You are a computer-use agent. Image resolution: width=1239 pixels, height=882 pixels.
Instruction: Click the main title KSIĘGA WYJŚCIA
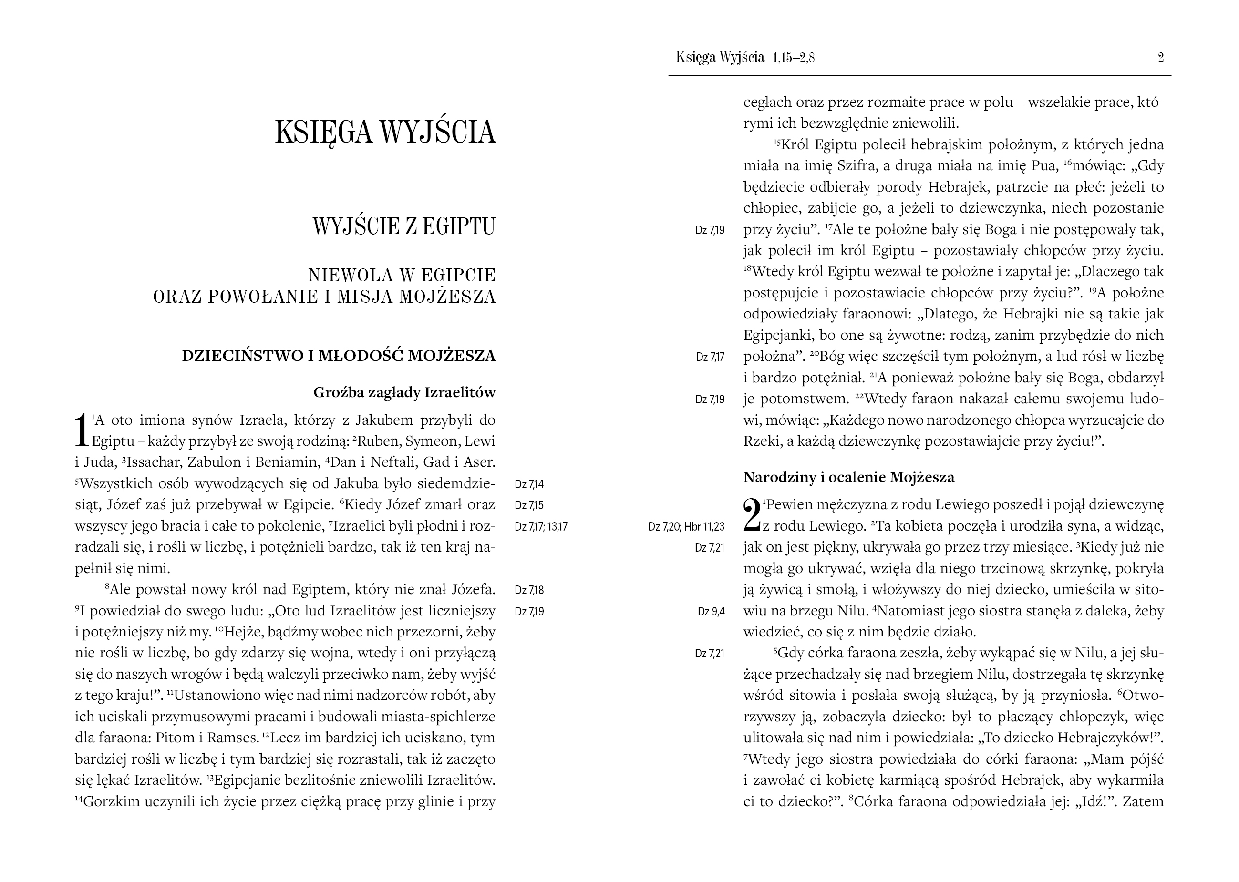click(x=385, y=132)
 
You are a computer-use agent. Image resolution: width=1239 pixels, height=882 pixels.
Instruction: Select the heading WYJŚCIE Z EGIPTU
click(x=403, y=226)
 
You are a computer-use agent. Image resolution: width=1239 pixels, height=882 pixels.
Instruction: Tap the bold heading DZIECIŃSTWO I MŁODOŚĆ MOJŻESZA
click(x=339, y=356)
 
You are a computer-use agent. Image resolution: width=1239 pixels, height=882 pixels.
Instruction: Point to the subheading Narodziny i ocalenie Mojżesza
click(x=848, y=477)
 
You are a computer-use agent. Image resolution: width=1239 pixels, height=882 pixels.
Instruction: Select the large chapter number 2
click(x=752, y=515)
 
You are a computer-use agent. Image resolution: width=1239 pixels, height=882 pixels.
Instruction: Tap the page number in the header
click(x=1161, y=58)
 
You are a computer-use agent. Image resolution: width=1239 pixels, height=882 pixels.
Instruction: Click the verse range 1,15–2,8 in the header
click(x=793, y=58)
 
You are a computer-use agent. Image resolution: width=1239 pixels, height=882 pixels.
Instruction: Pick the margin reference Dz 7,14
click(x=529, y=484)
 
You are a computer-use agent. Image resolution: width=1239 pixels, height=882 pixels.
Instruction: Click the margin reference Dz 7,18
click(x=529, y=590)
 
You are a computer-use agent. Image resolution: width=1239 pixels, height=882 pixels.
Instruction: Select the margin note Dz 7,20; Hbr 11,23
click(x=686, y=526)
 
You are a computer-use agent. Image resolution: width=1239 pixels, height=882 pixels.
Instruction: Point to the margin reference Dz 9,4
click(x=711, y=612)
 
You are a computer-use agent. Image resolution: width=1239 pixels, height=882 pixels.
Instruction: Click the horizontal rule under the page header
click(x=919, y=75)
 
